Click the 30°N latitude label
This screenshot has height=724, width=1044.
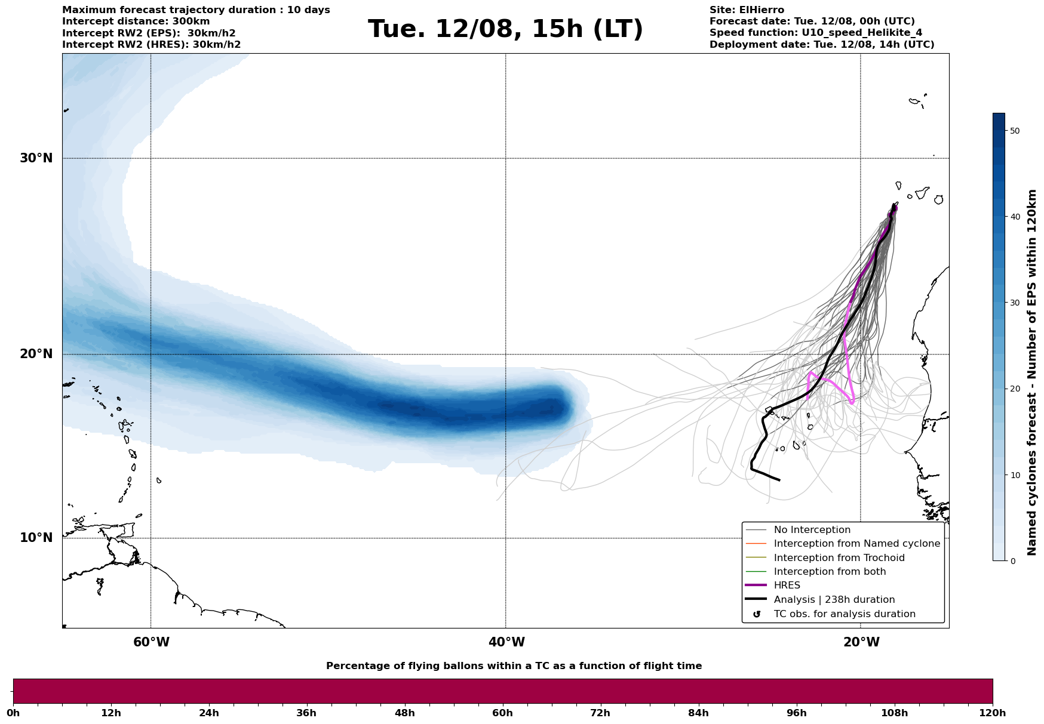[x=36, y=158]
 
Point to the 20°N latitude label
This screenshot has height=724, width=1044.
[x=36, y=354]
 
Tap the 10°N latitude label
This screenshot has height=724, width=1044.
[x=36, y=538]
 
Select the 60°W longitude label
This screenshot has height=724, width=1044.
[x=151, y=642]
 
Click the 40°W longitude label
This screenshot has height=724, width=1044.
[x=506, y=642]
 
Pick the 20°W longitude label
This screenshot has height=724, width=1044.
[x=861, y=642]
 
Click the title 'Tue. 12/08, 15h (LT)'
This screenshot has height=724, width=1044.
[x=505, y=29]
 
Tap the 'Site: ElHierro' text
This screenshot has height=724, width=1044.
[x=747, y=10]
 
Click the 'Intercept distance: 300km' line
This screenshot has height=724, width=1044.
[x=136, y=21]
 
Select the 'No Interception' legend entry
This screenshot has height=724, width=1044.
[x=812, y=530]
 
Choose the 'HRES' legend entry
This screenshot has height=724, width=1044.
[x=787, y=586]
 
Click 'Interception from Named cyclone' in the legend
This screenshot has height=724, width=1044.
[x=856, y=544]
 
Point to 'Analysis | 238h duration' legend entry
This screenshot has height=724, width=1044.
[x=834, y=600]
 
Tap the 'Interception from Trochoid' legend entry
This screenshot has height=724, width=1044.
[x=839, y=558]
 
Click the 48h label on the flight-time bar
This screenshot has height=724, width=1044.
[x=404, y=713]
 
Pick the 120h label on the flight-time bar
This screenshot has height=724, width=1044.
[x=993, y=713]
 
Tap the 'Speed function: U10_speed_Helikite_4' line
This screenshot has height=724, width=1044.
[x=815, y=33]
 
